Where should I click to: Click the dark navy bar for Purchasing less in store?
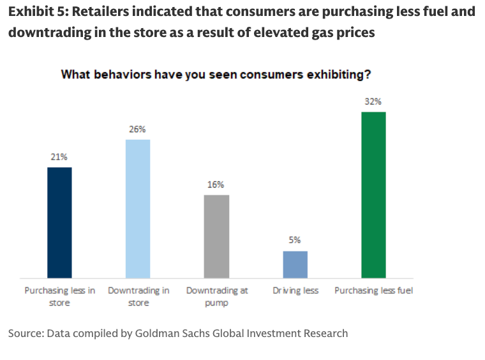59,223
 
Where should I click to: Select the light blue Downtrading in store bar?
138,209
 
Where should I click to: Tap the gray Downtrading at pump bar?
216,236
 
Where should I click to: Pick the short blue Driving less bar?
295,264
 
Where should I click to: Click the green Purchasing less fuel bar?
373,195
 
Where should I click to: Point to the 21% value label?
59,156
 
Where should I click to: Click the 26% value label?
138,128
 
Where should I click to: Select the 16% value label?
216,184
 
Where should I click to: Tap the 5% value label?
295,240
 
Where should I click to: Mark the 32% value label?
373,101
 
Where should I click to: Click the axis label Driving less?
295,290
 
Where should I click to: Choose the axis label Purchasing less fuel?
374,290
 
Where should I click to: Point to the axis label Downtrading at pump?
217,296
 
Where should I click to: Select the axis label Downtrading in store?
138,296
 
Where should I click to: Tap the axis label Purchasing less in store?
60,296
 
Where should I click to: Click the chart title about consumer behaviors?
216,74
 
